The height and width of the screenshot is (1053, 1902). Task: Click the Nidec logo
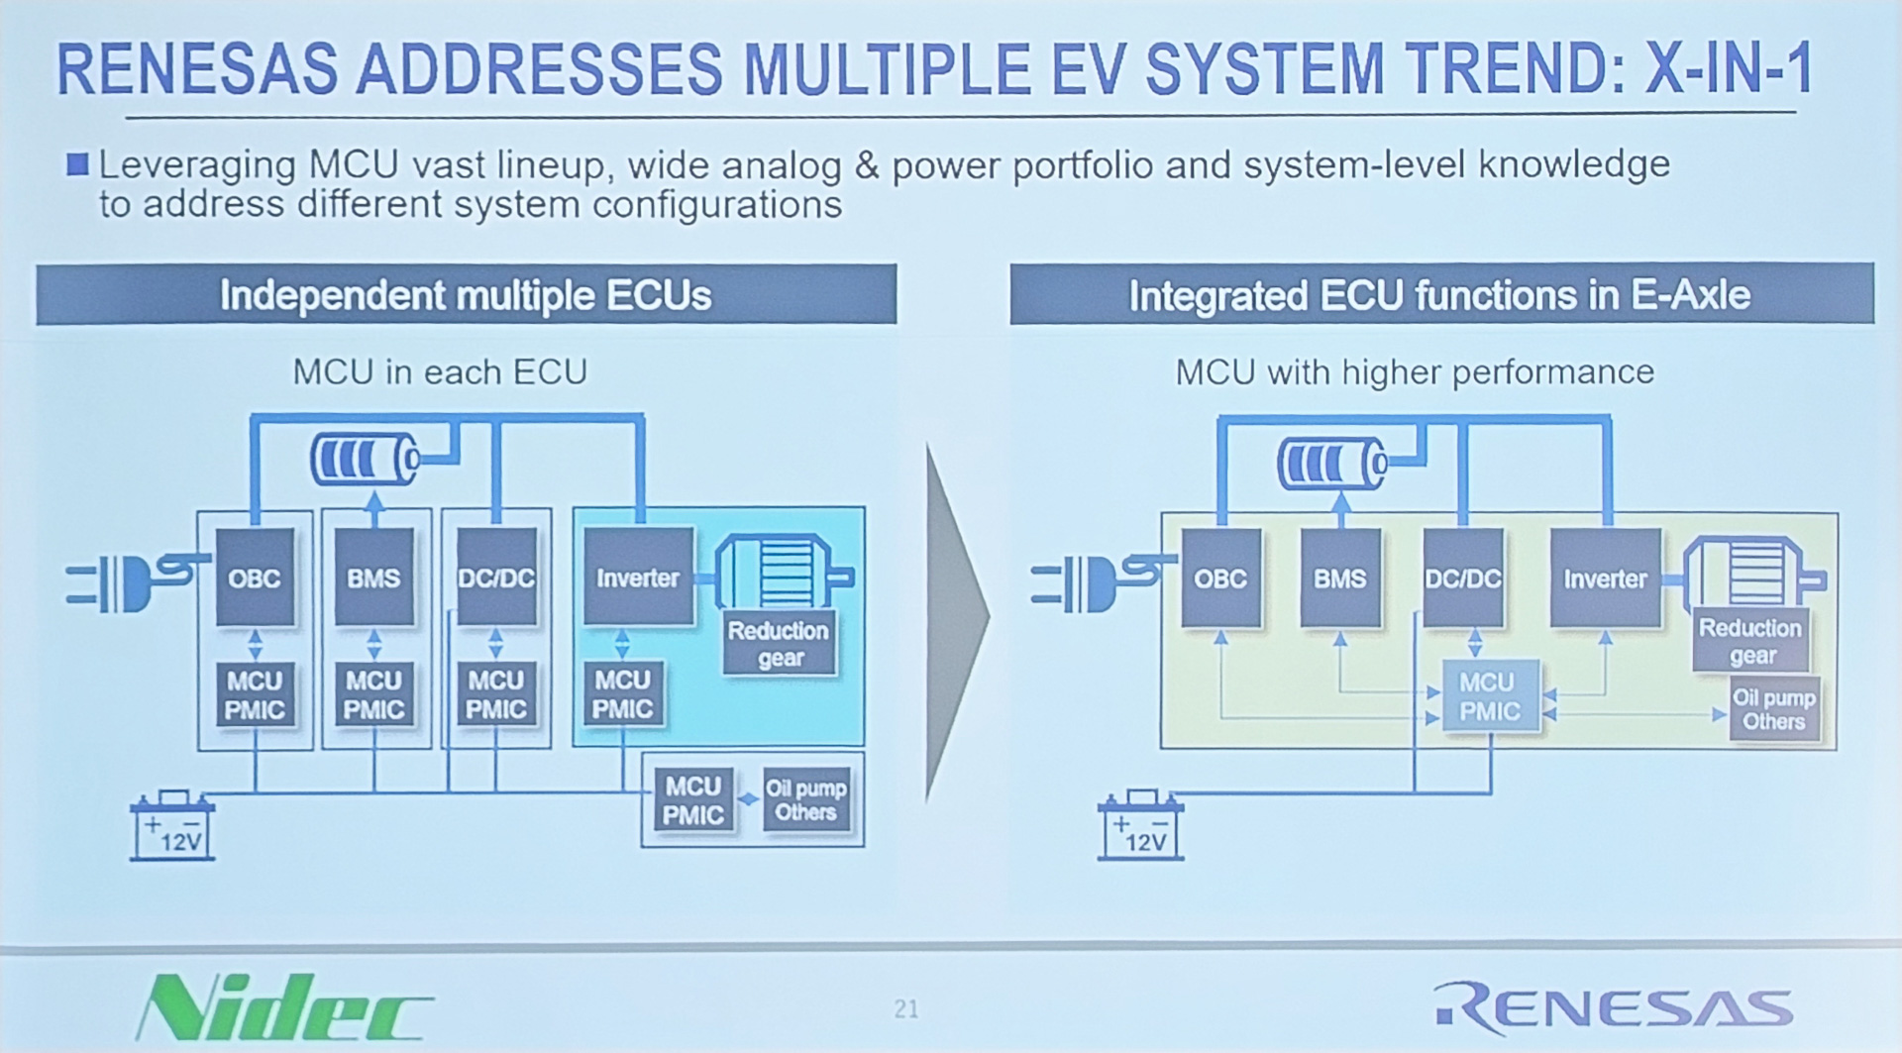click(x=284, y=1006)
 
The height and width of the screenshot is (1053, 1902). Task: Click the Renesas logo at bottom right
click(x=1614, y=1007)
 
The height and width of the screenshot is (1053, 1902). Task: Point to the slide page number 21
click(x=905, y=1008)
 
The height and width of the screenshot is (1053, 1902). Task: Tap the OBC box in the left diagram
click(x=255, y=578)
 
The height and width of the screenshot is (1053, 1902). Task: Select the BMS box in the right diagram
click(x=1339, y=579)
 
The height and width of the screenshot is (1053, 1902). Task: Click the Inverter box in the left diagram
click(x=638, y=578)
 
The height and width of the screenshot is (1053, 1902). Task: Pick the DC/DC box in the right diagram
click(x=1463, y=579)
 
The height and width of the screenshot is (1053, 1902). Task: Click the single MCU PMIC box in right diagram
click(x=1489, y=696)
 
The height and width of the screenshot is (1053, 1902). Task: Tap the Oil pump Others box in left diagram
click(x=805, y=799)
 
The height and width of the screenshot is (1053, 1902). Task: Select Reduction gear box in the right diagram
click(x=1750, y=641)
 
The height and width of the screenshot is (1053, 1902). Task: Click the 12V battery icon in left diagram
click(x=172, y=825)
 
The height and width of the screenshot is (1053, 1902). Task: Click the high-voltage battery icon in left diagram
click(x=366, y=460)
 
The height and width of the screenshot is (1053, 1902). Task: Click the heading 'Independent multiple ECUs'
click(x=466, y=295)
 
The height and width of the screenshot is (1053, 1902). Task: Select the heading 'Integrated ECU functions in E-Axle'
click(x=1439, y=295)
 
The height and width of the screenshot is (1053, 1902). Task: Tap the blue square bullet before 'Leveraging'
click(x=77, y=163)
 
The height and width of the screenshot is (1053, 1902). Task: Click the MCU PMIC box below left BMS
click(x=373, y=695)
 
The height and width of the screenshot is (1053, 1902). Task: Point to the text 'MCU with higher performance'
click(x=1415, y=372)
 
